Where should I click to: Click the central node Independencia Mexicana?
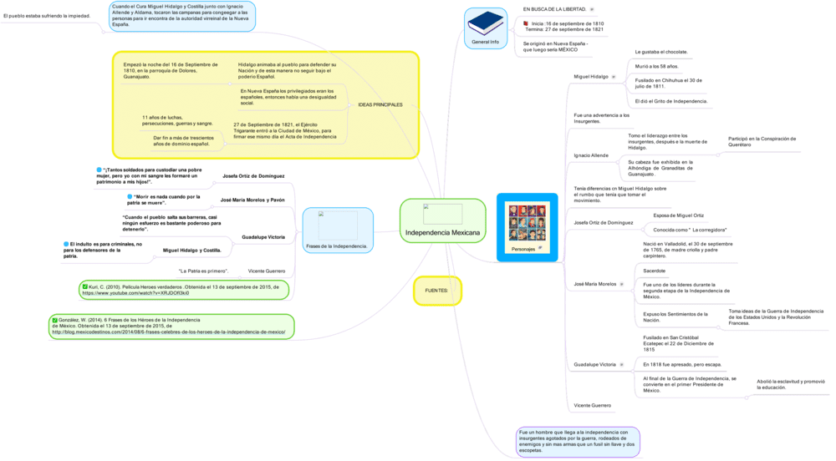click(x=442, y=231)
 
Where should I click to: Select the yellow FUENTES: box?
click(x=437, y=291)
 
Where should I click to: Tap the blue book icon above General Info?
click(x=485, y=23)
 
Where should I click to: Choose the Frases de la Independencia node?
click(x=337, y=246)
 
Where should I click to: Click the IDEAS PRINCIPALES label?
click(x=380, y=104)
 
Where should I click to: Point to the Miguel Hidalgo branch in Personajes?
click(x=591, y=77)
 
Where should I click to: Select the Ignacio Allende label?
click(x=591, y=155)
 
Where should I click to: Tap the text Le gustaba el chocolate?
click(x=661, y=52)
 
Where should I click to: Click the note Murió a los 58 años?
click(x=657, y=66)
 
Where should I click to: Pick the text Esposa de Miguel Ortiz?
click(x=679, y=215)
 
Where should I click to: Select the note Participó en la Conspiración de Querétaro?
click(x=762, y=142)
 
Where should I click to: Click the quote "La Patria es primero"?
click(x=203, y=271)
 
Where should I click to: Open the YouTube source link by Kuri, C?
click(x=135, y=293)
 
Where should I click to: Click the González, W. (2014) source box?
click(x=171, y=326)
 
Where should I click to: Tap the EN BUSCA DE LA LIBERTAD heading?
click(x=554, y=9)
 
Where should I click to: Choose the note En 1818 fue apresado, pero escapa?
click(x=682, y=364)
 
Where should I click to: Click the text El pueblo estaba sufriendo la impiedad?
click(x=47, y=16)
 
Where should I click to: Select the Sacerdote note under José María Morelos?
click(x=655, y=271)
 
